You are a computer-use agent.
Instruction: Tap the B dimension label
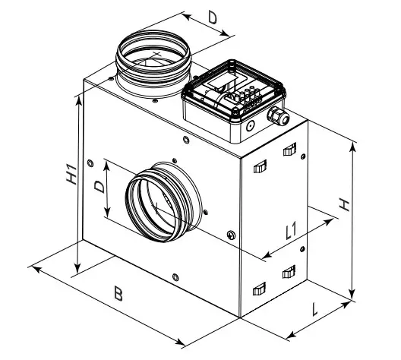(117, 295)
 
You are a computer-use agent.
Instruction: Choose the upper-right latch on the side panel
(288, 149)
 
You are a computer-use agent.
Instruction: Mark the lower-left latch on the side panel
(259, 286)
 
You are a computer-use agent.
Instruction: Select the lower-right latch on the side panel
(288, 271)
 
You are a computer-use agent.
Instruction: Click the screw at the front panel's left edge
(91, 161)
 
